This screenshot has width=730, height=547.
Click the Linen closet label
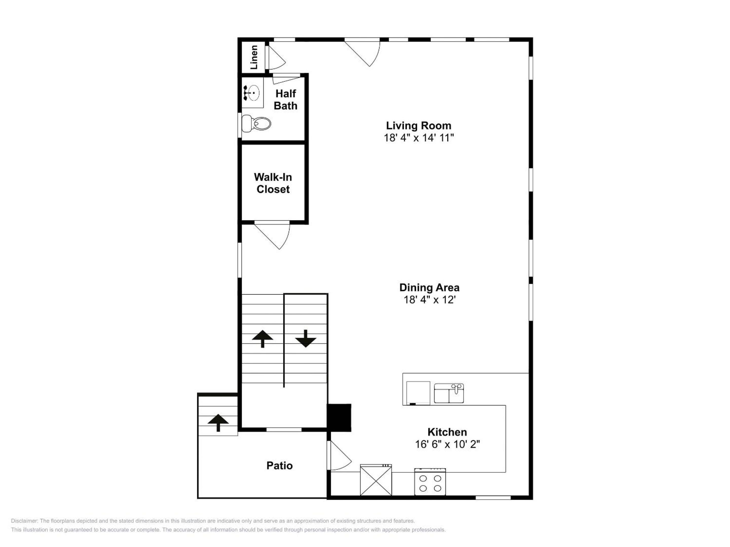point(254,57)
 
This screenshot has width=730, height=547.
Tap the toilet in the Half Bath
point(256,124)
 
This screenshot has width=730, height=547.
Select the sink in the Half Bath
point(252,93)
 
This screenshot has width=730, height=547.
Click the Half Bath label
point(286,100)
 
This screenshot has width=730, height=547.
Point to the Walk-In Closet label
point(273,183)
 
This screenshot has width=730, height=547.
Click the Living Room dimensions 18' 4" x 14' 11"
point(419,138)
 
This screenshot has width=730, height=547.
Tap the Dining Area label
point(429,287)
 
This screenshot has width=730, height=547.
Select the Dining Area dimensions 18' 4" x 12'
point(430,300)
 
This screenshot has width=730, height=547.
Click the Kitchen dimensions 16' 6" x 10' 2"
point(447,444)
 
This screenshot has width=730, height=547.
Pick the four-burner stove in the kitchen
point(430,482)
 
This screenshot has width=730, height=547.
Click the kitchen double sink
point(449,393)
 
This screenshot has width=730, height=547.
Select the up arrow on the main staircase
point(262,339)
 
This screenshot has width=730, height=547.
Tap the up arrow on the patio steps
point(218,423)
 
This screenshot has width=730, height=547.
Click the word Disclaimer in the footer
point(24,521)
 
